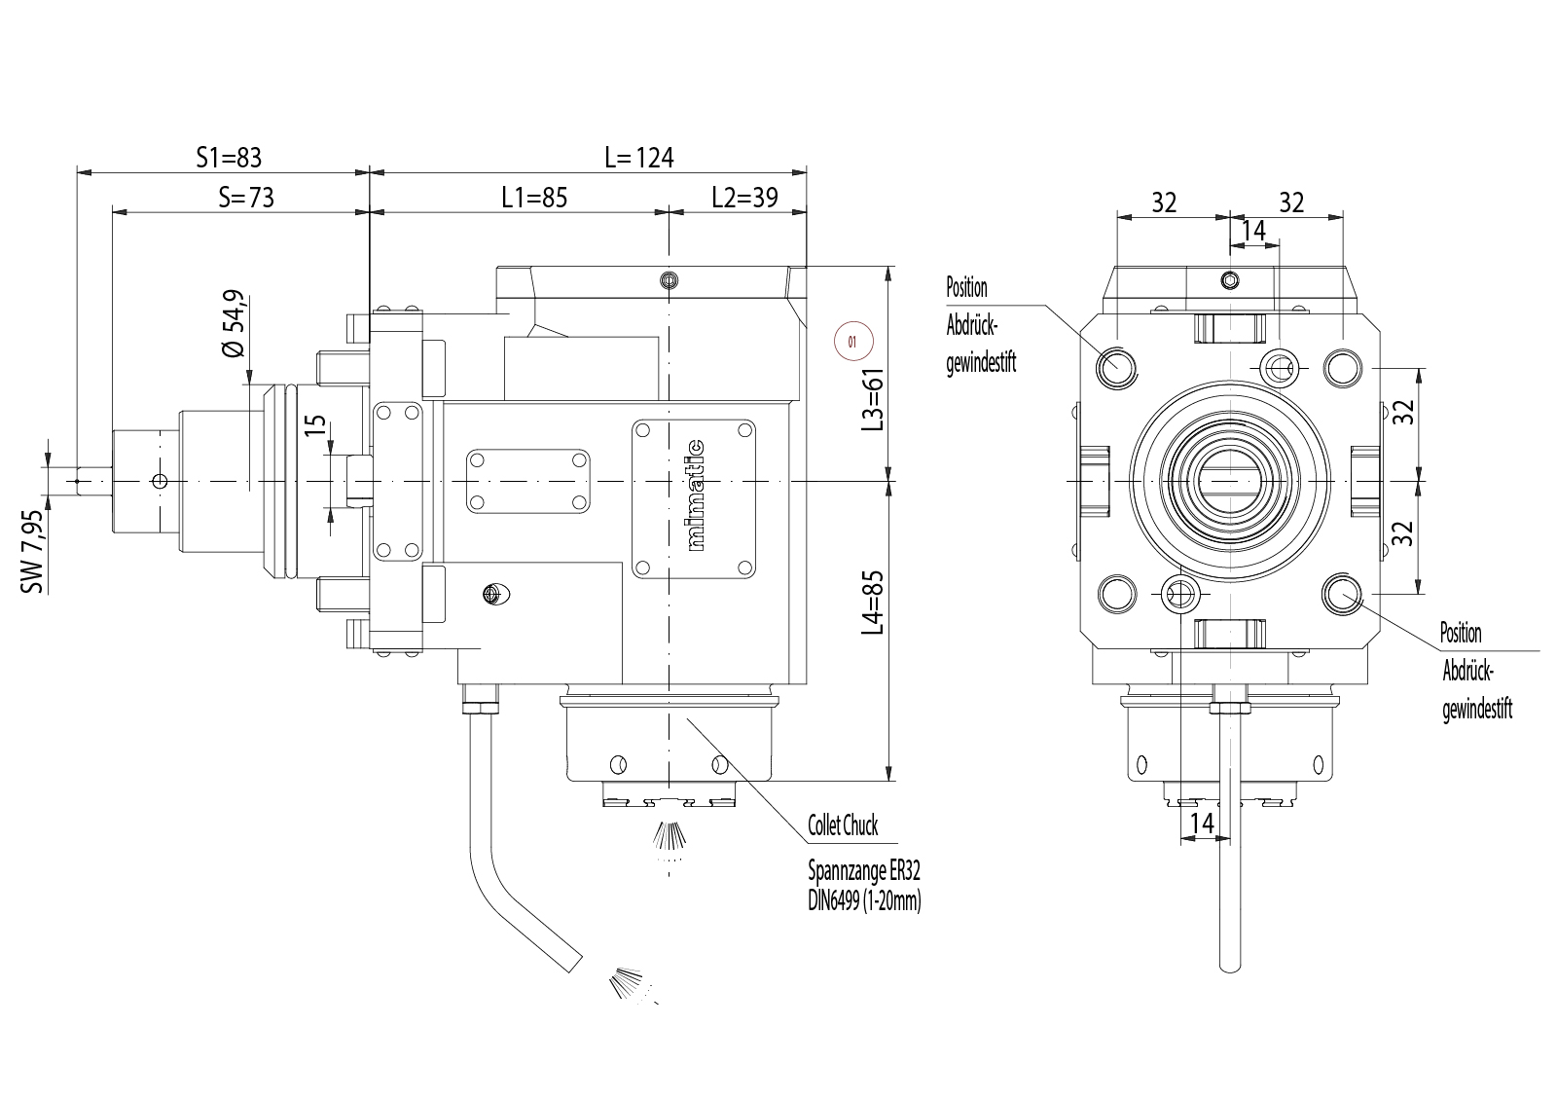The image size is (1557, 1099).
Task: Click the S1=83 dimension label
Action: [229, 157]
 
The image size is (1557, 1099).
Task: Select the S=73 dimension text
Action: [246, 198]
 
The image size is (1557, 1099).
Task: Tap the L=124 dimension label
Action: [639, 157]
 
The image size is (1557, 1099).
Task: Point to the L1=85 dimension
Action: [534, 198]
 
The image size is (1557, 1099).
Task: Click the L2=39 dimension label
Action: [744, 198]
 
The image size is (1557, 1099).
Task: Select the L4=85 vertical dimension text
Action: [875, 604]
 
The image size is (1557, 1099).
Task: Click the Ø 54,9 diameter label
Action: [234, 324]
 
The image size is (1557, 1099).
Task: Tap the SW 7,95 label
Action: [33, 551]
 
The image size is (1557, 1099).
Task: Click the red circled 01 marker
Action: [854, 342]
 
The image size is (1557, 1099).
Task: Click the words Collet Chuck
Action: [843, 826]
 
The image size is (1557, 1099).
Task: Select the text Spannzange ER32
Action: [863, 869]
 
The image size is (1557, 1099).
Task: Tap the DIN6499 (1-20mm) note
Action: [864, 900]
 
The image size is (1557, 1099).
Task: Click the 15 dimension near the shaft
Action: [313, 426]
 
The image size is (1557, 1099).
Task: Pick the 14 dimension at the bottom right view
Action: [1203, 824]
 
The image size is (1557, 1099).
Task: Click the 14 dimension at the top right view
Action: [1254, 231]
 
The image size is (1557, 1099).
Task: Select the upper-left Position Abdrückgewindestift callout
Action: [981, 325]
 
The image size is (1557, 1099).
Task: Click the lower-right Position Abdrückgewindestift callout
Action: [1476, 671]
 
